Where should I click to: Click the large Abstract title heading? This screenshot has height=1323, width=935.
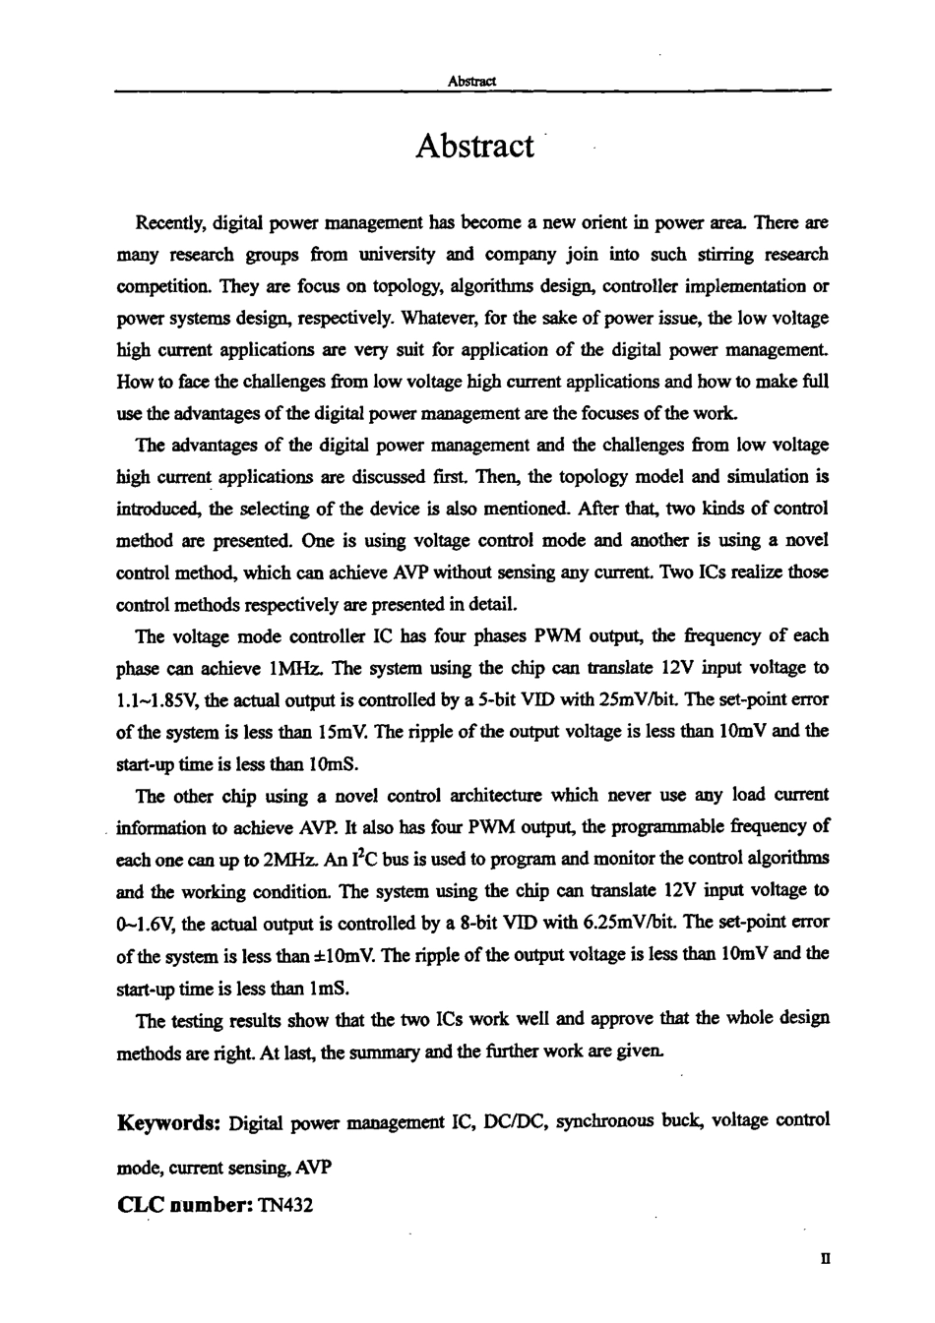[x=474, y=147]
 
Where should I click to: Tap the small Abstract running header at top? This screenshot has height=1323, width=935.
[x=471, y=81]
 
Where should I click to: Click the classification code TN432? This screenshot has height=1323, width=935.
[x=285, y=1205]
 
